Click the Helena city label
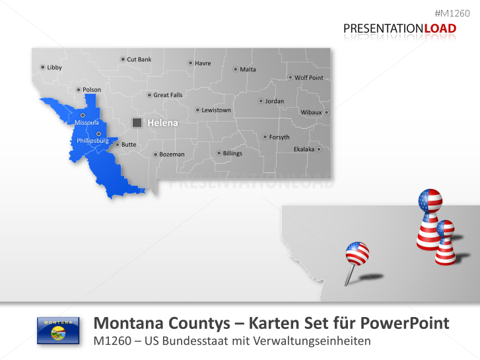(x=162, y=123)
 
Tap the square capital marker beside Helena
(x=137, y=122)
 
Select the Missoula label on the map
(x=86, y=123)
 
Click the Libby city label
(x=54, y=67)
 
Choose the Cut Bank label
(x=139, y=59)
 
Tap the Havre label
(x=203, y=63)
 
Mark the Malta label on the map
(x=248, y=69)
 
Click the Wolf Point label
(x=309, y=78)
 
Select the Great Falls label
(x=168, y=95)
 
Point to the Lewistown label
(x=216, y=110)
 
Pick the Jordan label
(x=274, y=101)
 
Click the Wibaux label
(x=311, y=112)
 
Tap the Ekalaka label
(x=304, y=149)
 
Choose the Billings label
(x=232, y=153)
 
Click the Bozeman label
(x=172, y=155)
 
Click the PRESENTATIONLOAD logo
(x=399, y=28)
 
